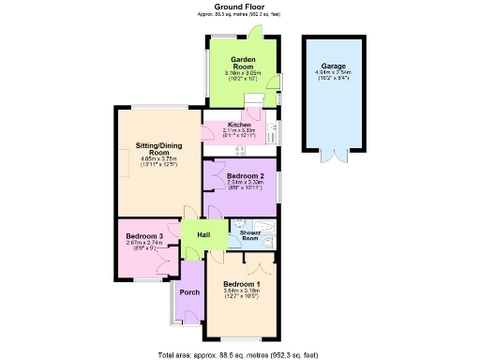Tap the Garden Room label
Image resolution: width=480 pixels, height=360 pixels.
click(244, 62)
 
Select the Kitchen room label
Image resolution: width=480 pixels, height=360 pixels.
click(239, 124)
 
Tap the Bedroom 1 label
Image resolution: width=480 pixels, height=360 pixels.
click(242, 283)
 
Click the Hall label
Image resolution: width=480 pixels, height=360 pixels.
click(203, 234)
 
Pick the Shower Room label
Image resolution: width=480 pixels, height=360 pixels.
click(249, 234)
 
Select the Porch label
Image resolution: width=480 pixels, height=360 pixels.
click(189, 292)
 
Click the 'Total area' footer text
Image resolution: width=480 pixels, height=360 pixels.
click(239, 354)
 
